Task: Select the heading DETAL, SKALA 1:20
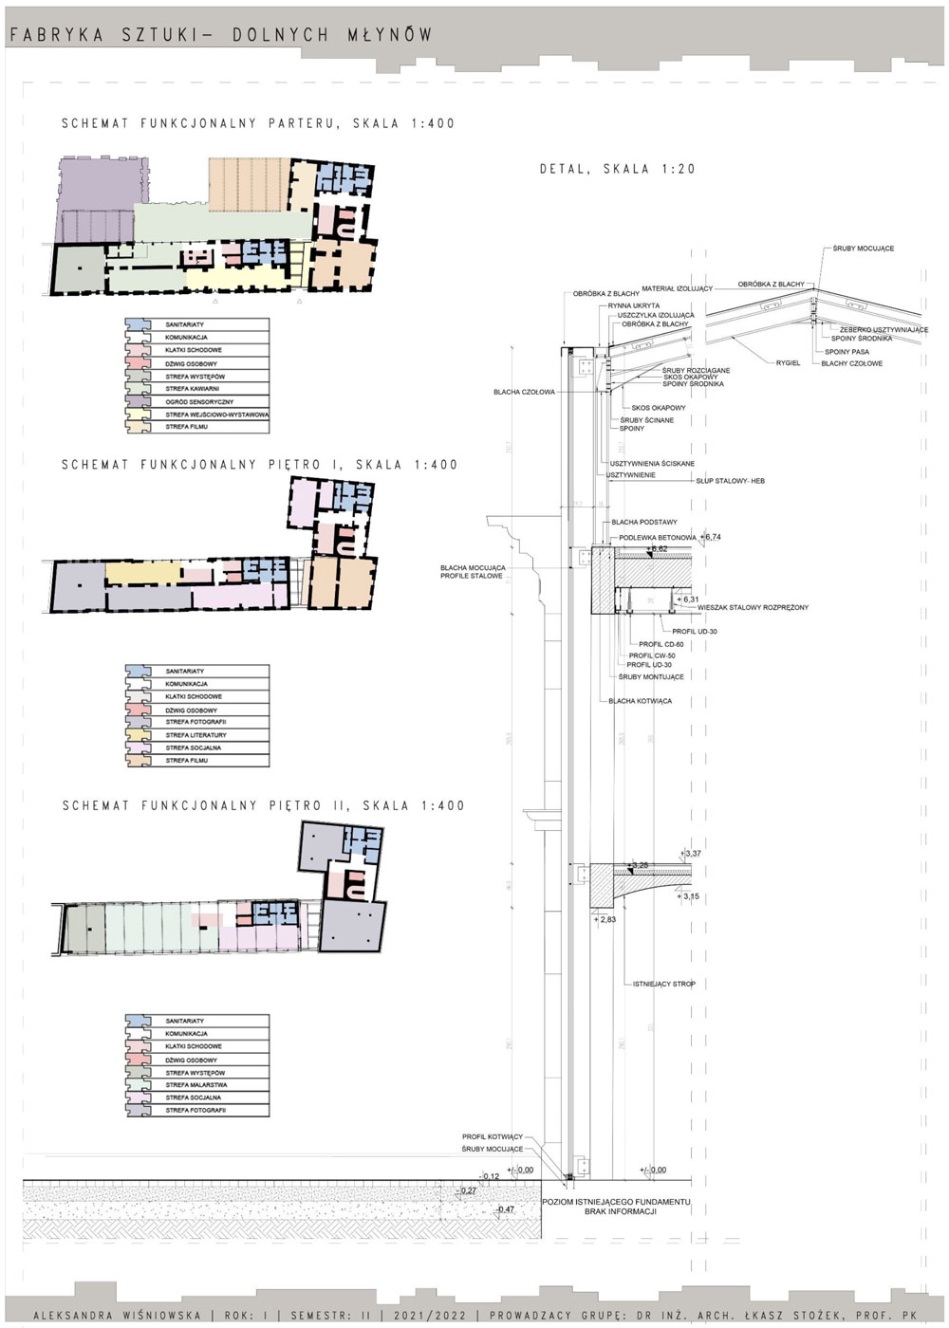(x=617, y=169)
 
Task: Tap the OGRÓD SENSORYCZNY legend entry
(x=198, y=402)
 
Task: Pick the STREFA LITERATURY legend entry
(x=195, y=735)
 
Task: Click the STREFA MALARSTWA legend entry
(x=195, y=1085)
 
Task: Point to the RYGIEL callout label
(x=789, y=363)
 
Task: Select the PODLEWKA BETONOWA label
(x=654, y=537)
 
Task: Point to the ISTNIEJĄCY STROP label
(x=663, y=985)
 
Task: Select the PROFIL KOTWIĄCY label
(x=493, y=1136)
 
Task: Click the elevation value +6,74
(x=713, y=537)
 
